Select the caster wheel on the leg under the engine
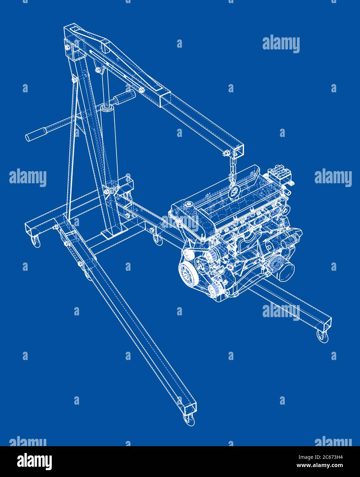click(x=322, y=336)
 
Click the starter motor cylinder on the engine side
click(x=290, y=240)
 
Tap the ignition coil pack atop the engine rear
click(x=279, y=173)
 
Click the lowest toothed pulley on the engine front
click(x=214, y=291)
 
